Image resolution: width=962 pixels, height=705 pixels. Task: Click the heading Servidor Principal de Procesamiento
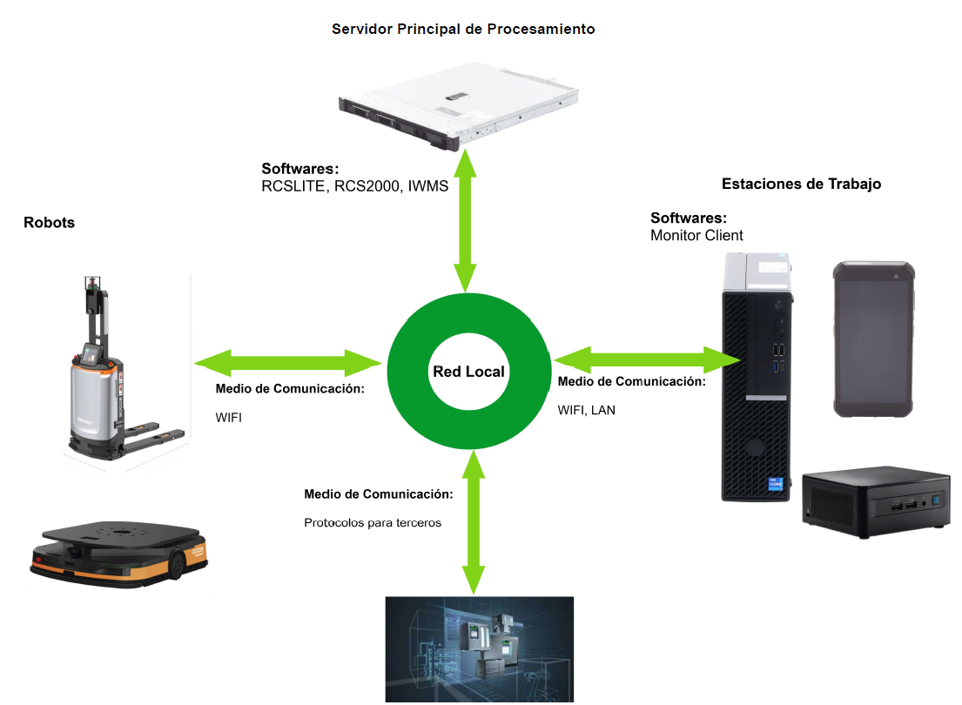point(463,29)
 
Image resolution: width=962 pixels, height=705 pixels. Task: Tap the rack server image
point(458,105)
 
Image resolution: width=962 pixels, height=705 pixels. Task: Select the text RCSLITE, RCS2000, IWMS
point(354,186)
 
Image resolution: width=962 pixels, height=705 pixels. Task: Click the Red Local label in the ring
point(468,372)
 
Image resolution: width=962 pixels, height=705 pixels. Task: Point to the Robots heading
point(49,222)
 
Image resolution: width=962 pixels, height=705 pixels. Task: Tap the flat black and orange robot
point(119,554)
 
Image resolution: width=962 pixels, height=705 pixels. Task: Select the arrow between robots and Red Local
point(288,363)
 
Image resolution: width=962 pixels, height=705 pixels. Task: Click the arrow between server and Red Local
point(465,221)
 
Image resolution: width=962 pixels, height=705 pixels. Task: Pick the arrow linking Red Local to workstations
point(647,359)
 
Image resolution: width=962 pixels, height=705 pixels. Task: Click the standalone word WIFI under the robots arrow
point(228,417)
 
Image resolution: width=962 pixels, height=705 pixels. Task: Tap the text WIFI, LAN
point(586,410)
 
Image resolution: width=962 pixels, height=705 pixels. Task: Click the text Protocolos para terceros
point(373,523)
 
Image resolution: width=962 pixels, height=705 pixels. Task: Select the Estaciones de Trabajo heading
point(801,184)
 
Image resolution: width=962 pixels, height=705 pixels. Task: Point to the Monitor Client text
point(696,235)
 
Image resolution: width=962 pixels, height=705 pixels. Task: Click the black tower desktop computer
point(757,377)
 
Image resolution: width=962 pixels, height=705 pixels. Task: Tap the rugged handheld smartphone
point(874,339)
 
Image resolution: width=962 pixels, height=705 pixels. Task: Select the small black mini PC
point(876,501)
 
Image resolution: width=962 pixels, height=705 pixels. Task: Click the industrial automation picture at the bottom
point(479,649)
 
